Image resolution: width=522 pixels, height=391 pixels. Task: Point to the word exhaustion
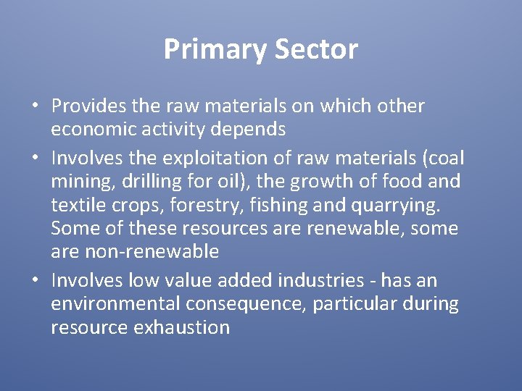(x=181, y=327)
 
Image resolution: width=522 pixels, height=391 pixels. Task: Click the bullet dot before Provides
(x=36, y=106)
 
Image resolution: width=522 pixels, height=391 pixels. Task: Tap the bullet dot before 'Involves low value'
(x=36, y=280)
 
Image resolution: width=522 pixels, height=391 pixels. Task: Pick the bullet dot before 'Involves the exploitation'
(x=36, y=158)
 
